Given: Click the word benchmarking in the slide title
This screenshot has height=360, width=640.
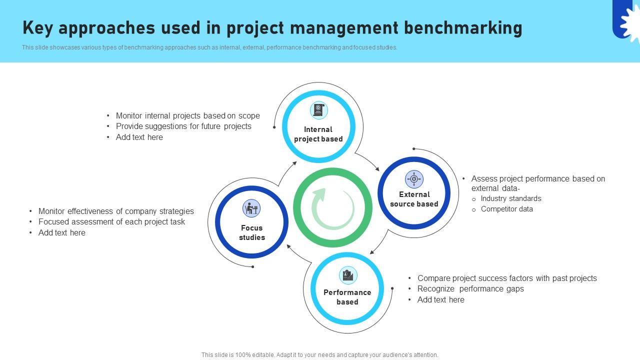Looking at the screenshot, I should tap(463, 28).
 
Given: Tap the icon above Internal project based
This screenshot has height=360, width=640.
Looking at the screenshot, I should tap(318, 110).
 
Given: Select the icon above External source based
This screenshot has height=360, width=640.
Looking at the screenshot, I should tap(414, 179).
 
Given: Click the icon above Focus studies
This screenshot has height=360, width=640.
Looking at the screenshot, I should tap(251, 208).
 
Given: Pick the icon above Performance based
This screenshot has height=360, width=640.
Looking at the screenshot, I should tap(347, 275).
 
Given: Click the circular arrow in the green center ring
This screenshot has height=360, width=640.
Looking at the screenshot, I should tap(332, 208).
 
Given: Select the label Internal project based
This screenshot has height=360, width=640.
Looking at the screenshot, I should tap(318, 134).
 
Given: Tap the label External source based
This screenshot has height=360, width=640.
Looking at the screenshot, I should tap(414, 199).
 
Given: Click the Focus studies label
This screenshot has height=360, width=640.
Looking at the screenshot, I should tap(252, 232).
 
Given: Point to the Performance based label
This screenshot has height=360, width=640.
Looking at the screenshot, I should tap(347, 297).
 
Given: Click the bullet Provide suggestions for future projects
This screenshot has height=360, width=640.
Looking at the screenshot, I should tap(183, 126).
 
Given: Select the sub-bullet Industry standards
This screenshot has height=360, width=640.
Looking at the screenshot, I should tap(510, 198).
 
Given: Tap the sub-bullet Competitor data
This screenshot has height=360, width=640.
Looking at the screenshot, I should tap(506, 209).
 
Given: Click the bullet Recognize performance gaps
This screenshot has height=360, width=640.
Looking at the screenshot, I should tap(470, 289).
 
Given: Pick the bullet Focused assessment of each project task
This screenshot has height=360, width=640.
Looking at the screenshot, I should tap(111, 222).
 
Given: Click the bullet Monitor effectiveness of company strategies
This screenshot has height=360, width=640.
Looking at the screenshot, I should tap(116, 211).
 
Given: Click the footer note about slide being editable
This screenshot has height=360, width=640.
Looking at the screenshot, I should tap(320, 355).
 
